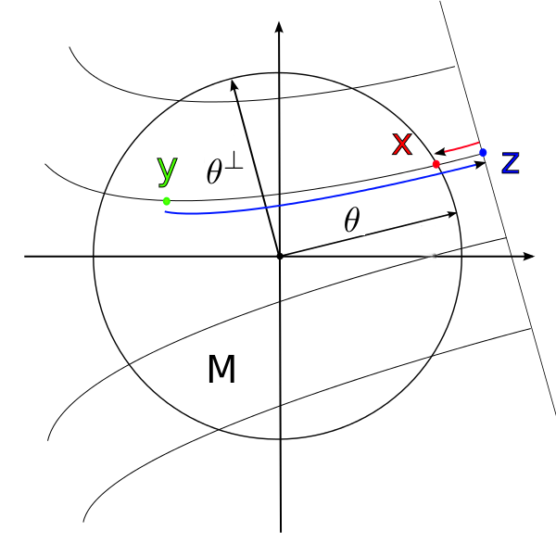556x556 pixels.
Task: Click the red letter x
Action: [401, 145]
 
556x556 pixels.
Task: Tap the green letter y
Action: [166, 171]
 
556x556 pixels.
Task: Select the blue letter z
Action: [510, 162]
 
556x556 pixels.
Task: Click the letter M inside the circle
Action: [221, 371]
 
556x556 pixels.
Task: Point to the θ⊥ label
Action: [224, 171]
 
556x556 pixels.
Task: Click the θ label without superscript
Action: [351, 221]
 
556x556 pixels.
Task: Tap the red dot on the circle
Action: [436, 164]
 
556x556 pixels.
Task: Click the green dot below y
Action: [167, 201]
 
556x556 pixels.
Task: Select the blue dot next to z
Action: [483, 152]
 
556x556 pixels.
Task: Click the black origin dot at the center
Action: [280, 256]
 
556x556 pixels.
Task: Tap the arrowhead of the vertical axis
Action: [279, 29]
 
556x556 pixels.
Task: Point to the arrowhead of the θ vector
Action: [452, 214]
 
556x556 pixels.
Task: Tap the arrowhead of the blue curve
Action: [481, 164]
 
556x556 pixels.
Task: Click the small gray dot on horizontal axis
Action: [433, 256]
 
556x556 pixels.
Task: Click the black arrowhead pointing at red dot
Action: [442, 152]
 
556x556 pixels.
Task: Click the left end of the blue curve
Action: [166, 212]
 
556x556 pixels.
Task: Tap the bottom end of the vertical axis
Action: [280, 531]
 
